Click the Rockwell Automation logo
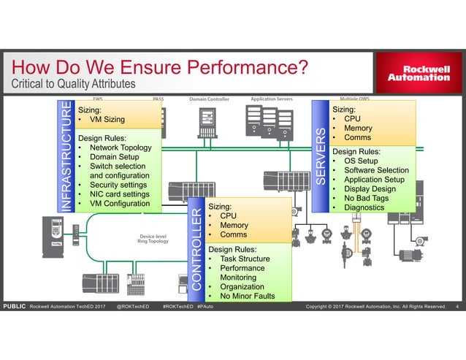[x=419, y=73]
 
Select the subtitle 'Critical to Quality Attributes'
[x=73, y=85]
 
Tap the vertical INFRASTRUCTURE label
[x=66, y=156]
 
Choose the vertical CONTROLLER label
[x=196, y=248]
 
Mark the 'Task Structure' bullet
[x=245, y=258]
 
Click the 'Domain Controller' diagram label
[x=210, y=99]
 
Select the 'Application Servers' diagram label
[x=272, y=99]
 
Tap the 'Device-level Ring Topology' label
[x=154, y=239]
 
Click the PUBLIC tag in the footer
[x=15, y=307]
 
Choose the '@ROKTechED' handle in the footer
[x=133, y=307]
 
